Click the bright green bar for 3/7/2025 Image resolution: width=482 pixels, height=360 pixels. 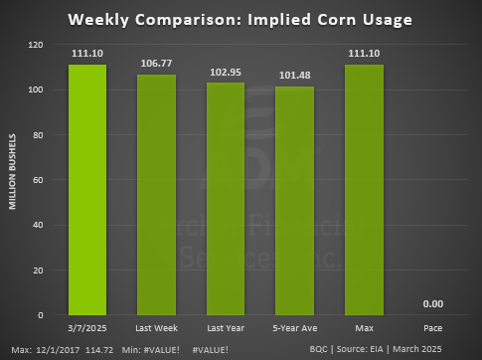[87, 189]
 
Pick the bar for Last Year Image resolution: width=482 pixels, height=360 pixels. [226, 199]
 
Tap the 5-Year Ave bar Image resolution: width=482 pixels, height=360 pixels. [294, 201]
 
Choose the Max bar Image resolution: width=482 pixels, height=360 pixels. [363, 189]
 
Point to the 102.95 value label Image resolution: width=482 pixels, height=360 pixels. [226, 71]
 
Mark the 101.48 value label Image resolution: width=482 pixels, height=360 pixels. [294, 74]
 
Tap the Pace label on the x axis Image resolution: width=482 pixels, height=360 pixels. [432, 327]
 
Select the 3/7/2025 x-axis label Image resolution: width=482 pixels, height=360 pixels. [87, 327]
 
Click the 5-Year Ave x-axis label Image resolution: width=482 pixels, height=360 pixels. [294, 327]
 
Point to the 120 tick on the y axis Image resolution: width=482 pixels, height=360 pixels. [35, 45]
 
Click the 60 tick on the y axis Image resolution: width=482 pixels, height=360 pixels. [38, 180]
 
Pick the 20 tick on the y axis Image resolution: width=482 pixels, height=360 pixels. [38, 270]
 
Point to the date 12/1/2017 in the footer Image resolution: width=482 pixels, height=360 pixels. [55, 349]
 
